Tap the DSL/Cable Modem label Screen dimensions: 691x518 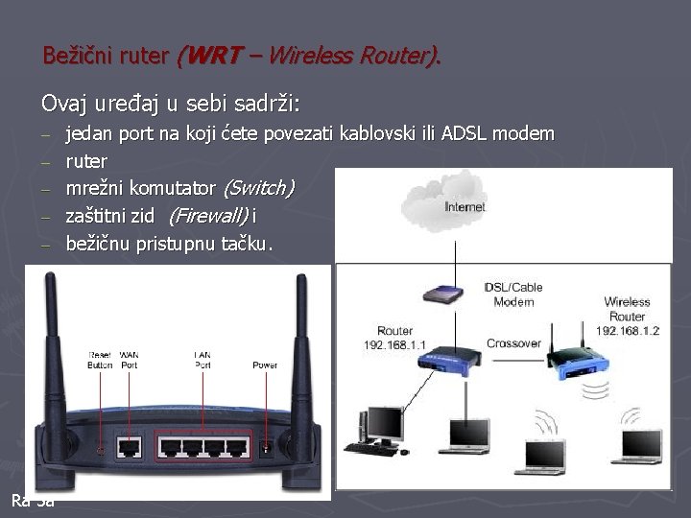coord(513,294)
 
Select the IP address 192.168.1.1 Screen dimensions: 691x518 coord(394,344)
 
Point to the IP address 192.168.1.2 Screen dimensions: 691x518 coord(627,329)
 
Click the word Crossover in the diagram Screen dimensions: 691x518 coord(513,343)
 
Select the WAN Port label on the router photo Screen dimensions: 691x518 coord(129,359)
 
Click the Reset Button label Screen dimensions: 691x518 coord(100,359)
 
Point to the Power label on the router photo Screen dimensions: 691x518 coord(265,365)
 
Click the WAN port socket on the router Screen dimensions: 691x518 coord(130,447)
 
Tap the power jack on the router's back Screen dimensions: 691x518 coord(265,447)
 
